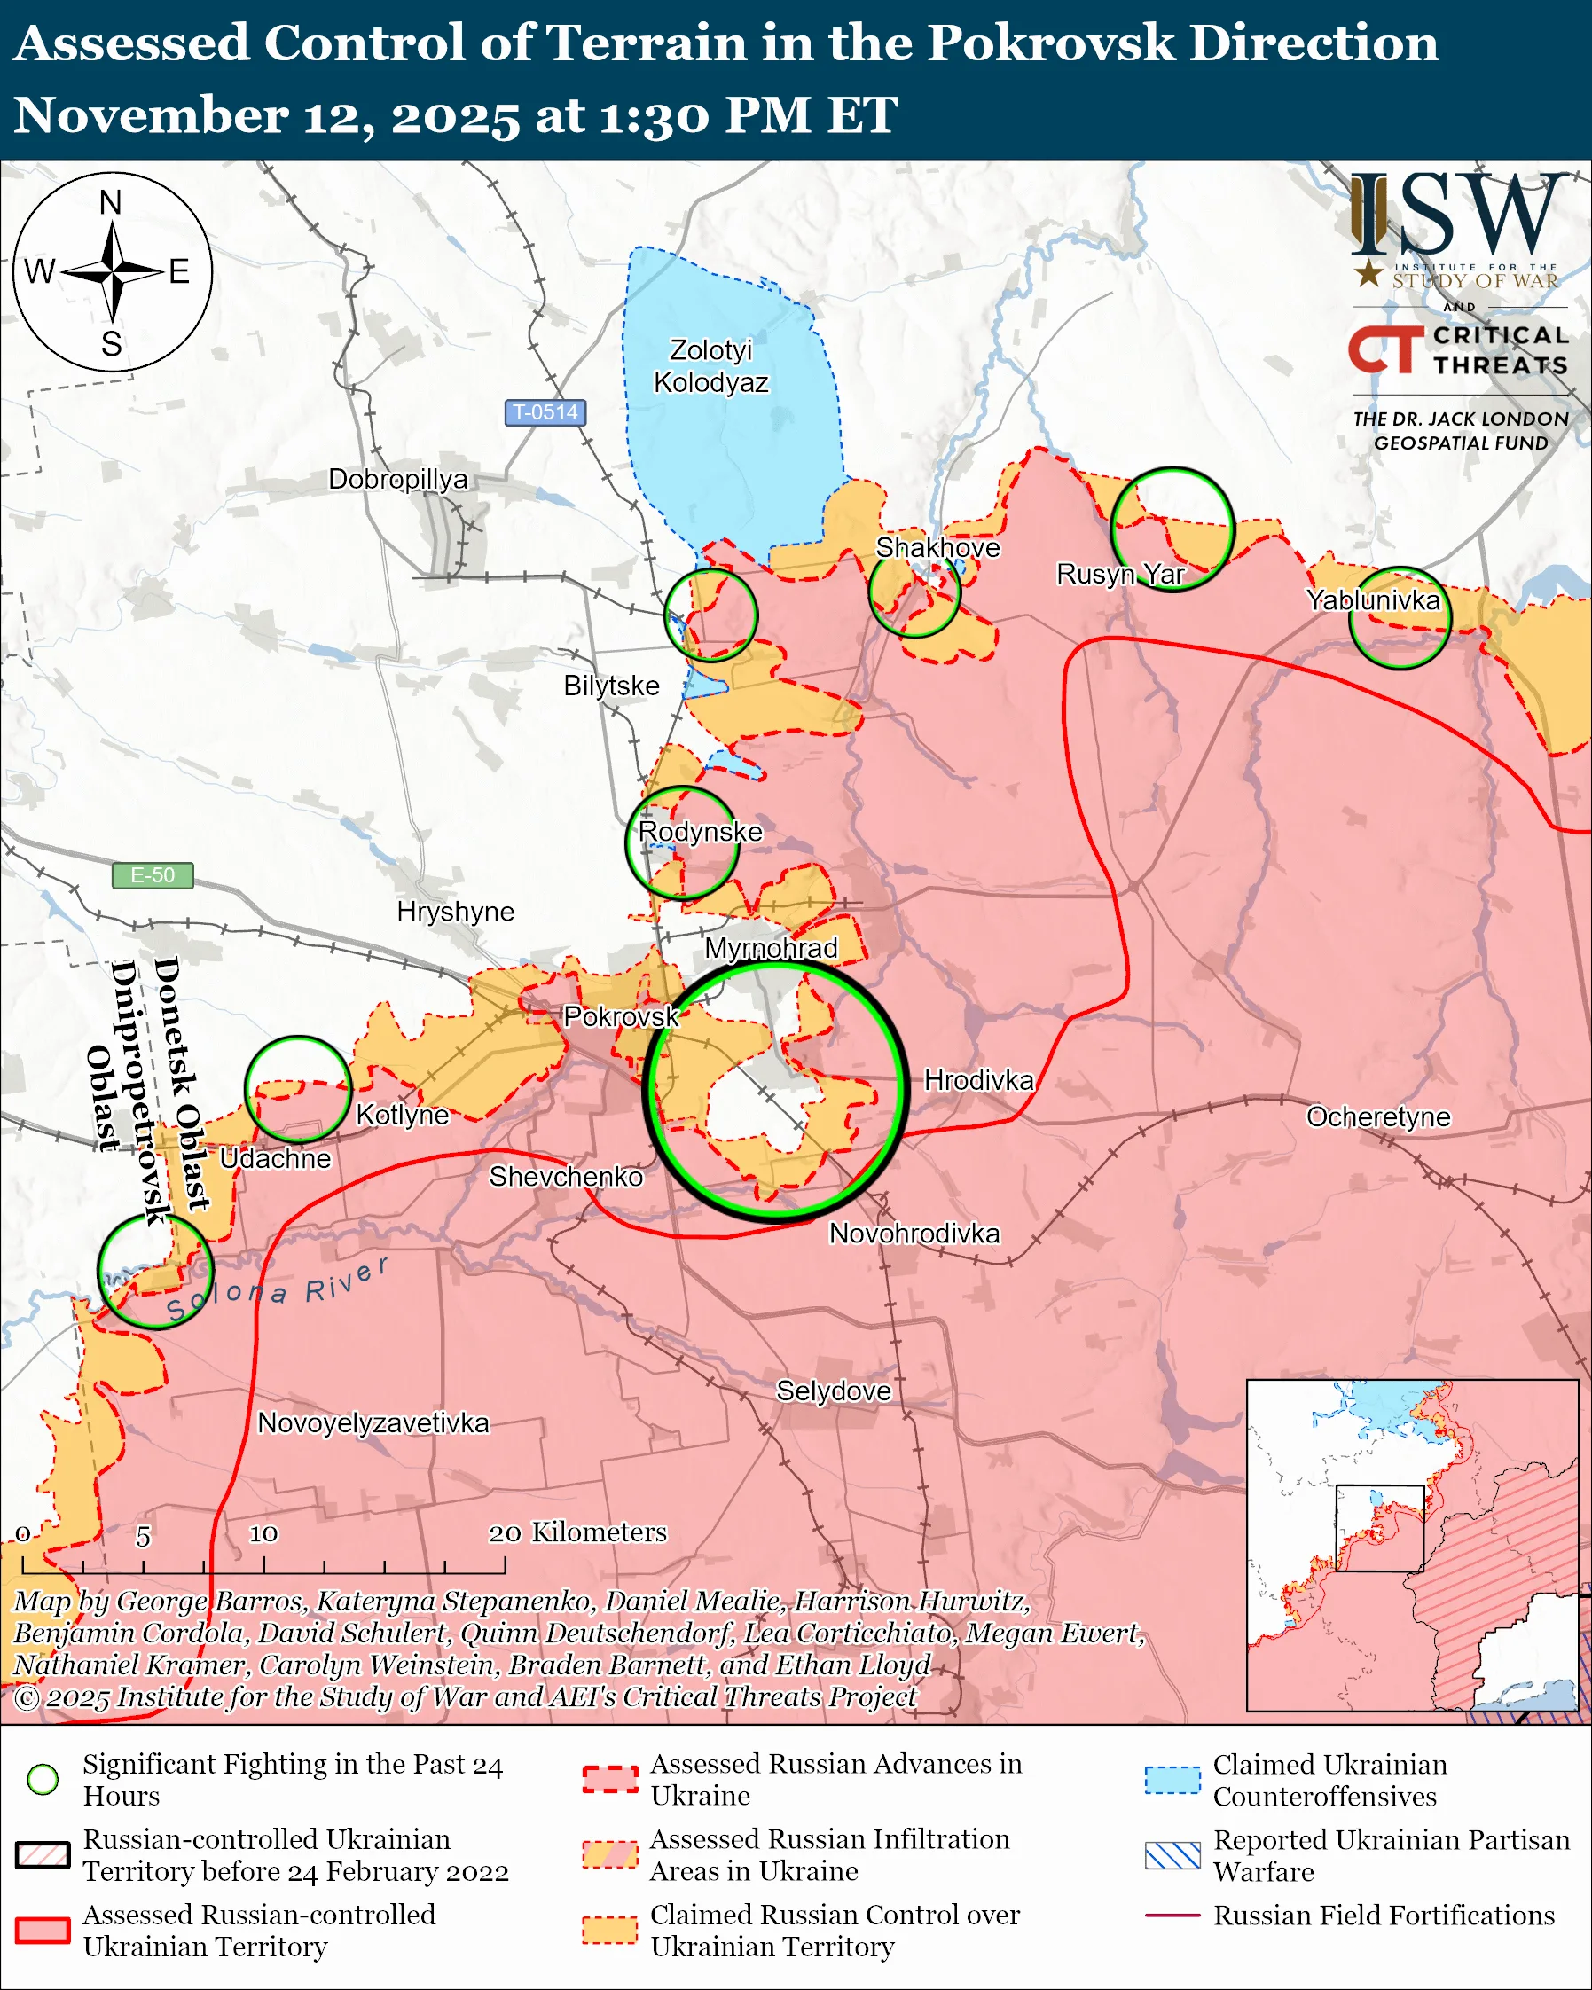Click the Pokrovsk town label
[x=621, y=1016]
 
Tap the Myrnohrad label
[x=771, y=948]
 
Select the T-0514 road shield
[x=545, y=412]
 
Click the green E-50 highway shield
[x=153, y=875]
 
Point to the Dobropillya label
[x=397, y=479]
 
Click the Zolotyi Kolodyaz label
[x=710, y=365]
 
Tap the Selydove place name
[x=834, y=1391]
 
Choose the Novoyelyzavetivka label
[x=373, y=1422]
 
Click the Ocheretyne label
[x=1378, y=1116]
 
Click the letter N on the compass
[x=111, y=202]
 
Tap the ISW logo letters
[x=1458, y=214]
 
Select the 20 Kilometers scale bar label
[x=576, y=1532]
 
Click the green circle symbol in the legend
[x=43, y=1780]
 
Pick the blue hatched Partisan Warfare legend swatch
[x=1172, y=1855]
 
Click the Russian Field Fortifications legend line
[x=1172, y=1916]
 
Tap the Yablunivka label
[x=1372, y=600]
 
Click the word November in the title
[x=147, y=115]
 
